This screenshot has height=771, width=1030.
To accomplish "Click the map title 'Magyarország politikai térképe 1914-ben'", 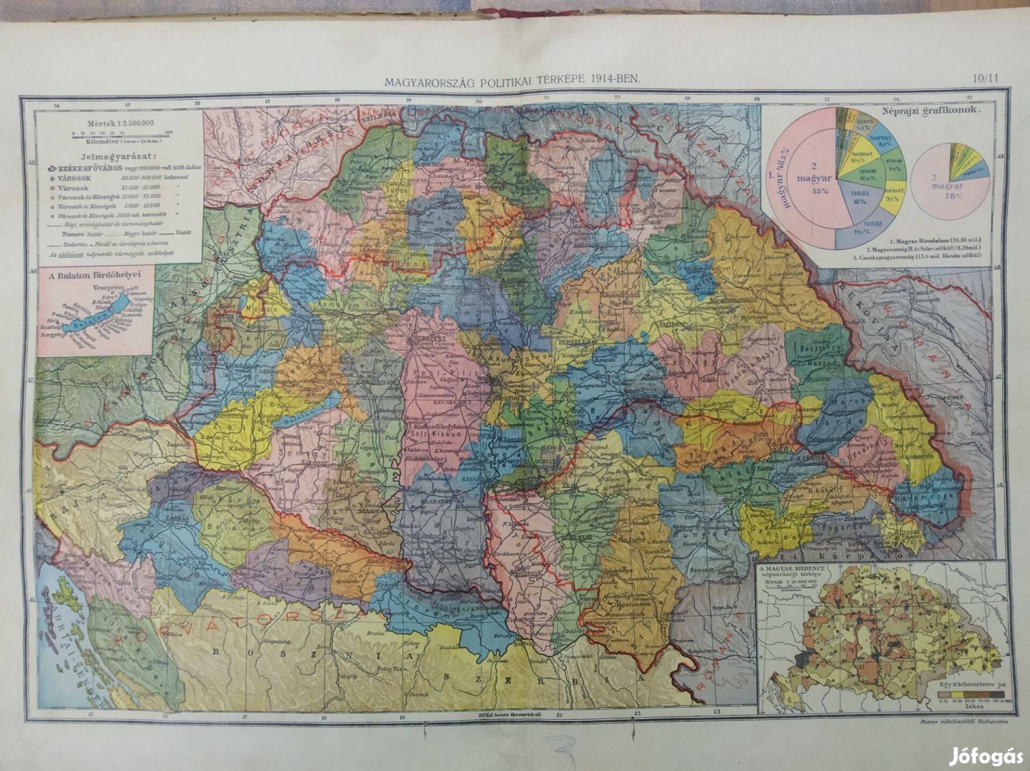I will [512, 81].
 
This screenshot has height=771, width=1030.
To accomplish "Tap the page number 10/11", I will [985, 80].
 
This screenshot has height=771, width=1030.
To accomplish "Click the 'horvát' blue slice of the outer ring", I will [889, 138].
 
